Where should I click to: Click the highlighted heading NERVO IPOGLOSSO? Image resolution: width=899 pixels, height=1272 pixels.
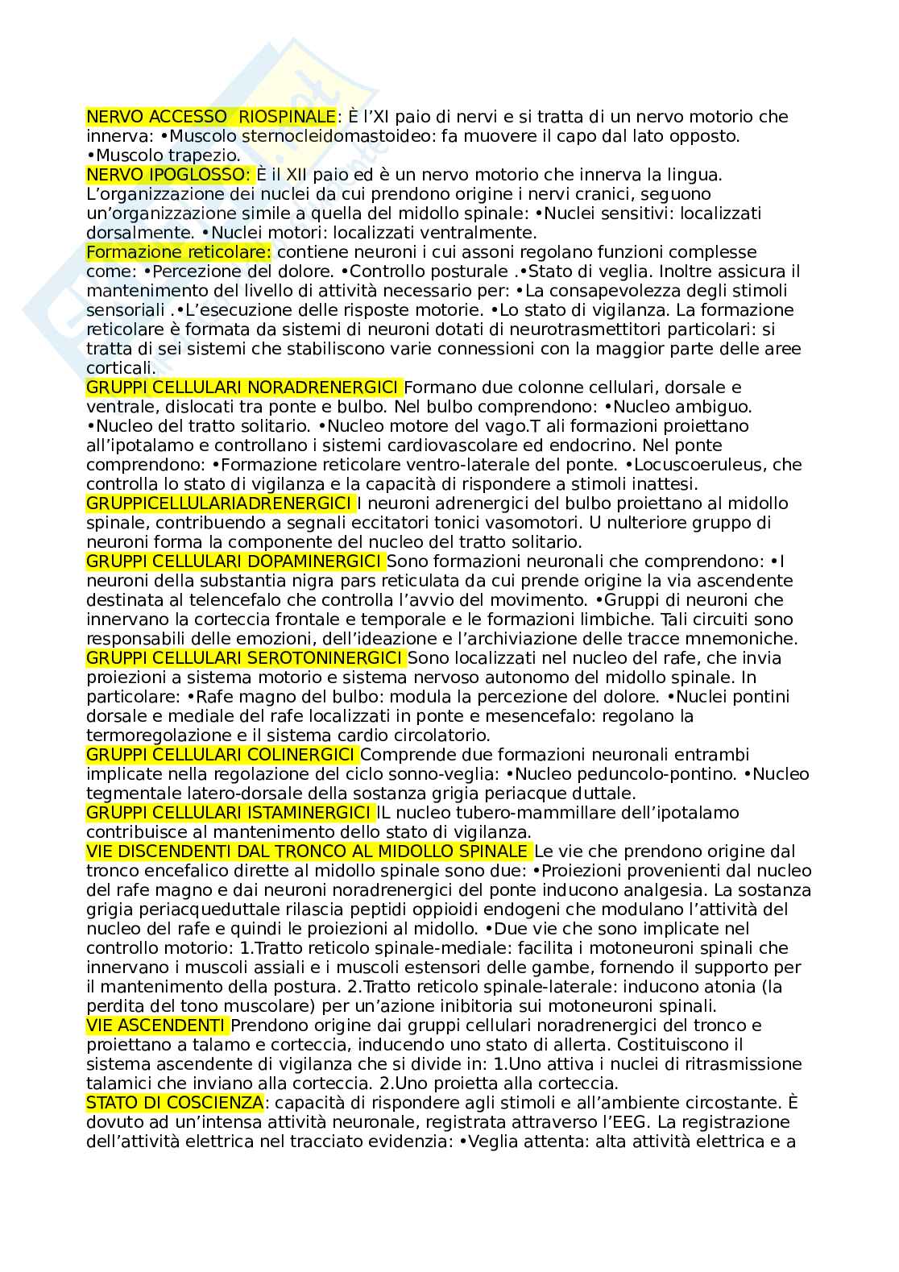[x=168, y=175]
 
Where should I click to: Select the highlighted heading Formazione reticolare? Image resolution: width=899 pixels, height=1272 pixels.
[x=179, y=252]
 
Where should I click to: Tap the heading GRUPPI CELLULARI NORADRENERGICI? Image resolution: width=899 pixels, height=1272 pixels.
[x=242, y=387]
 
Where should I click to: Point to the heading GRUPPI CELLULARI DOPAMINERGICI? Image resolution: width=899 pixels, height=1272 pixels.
[x=234, y=561]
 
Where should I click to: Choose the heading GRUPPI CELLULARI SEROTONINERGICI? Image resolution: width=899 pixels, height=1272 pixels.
[x=244, y=658]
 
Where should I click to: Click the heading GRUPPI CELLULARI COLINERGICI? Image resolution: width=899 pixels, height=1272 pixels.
[x=221, y=755]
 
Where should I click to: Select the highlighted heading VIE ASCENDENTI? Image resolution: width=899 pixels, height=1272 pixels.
[x=155, y=1025]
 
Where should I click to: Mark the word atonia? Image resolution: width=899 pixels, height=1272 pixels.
[x=732, y=987]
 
